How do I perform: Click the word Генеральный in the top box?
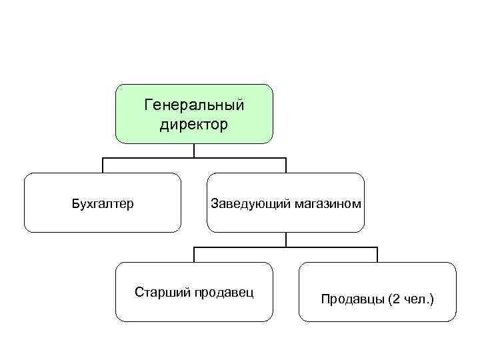[x=194, y=105]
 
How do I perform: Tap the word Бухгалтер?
[x=103, y=203]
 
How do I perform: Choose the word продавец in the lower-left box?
[x=223, y=292]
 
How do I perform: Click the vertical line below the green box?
[x=194, y=151]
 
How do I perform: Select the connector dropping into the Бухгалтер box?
[x=103, y=165]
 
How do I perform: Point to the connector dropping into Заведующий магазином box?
[x=286, y=165]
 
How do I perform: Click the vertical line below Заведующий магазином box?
[x=286, y=239]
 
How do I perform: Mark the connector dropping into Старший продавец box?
[x=194, y=255]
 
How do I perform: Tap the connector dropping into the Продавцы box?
[x=377, y=255]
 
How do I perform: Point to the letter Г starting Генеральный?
[x=148, y=105]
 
